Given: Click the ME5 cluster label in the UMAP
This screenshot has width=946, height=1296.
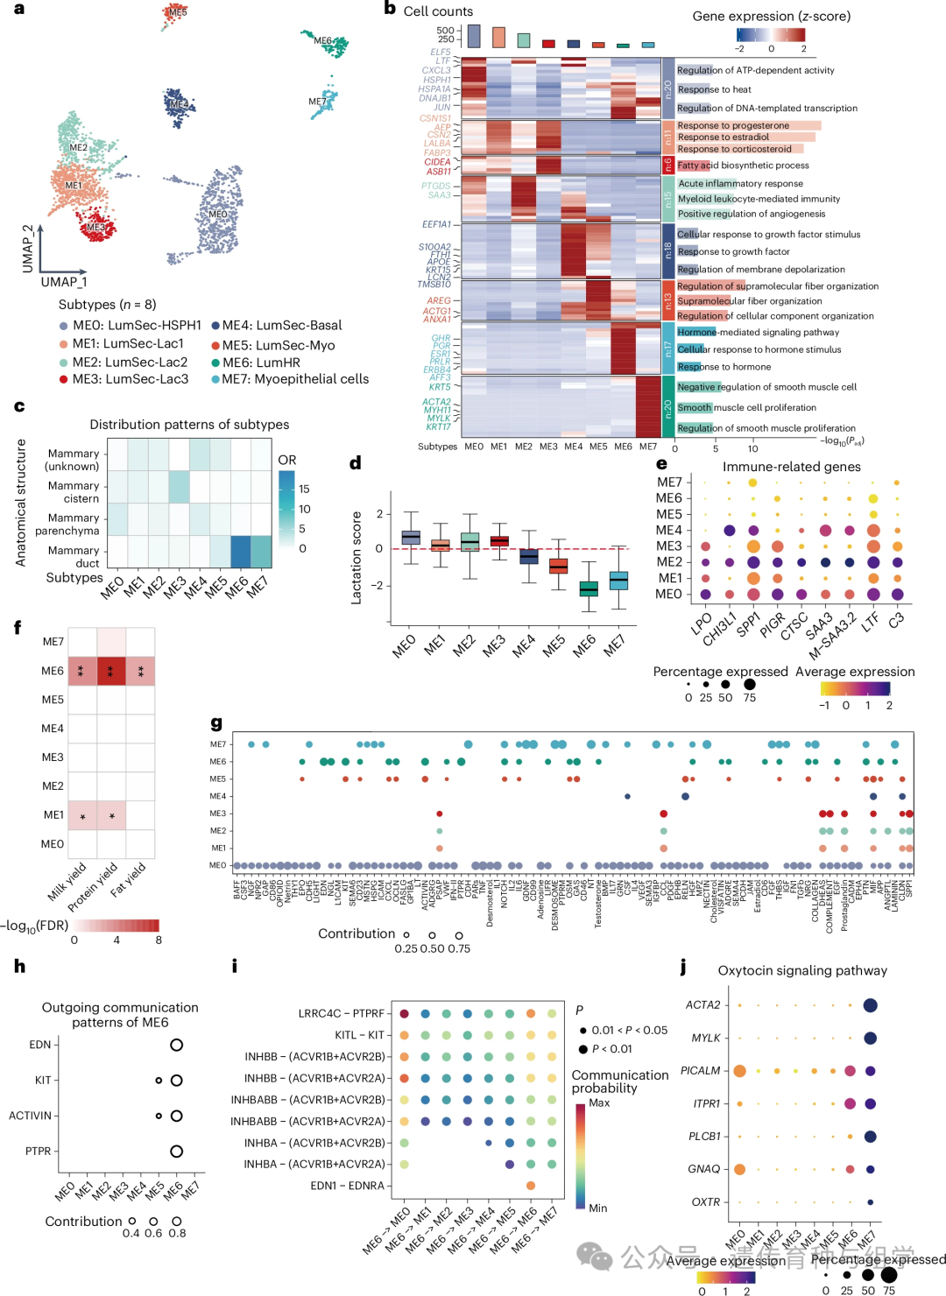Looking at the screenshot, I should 178,12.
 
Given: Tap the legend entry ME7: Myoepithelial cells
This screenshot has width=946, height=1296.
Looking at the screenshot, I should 289,379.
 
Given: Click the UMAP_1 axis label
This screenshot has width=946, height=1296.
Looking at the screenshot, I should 64,282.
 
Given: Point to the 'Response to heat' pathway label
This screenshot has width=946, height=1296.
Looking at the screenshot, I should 714,89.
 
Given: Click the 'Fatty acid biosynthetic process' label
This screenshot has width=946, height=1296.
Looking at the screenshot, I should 743,166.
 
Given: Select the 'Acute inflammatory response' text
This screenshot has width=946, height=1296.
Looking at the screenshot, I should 740,184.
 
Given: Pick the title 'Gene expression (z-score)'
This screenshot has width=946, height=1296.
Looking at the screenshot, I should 771,16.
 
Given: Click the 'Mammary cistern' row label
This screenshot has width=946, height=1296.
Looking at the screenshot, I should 74,492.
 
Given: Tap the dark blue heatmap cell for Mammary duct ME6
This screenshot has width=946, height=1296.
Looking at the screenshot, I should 240,553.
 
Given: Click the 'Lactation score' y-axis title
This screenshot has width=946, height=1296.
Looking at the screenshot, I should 357,558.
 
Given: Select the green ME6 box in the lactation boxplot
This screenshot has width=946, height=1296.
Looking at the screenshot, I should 589,588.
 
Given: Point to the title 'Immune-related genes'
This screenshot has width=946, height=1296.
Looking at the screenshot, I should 791,467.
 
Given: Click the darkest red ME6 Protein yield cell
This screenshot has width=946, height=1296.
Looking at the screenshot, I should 111,671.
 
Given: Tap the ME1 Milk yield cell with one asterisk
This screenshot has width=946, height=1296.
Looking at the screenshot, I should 82,816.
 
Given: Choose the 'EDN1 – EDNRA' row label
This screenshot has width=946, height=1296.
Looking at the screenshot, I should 347,1186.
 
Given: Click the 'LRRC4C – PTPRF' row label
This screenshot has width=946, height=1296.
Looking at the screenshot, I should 341,1014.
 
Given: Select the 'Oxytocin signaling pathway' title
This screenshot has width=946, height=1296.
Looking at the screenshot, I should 802,970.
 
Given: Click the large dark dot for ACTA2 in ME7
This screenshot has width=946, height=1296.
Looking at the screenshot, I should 870,1005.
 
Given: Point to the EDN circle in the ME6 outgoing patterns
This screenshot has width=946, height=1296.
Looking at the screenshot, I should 176,1045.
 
